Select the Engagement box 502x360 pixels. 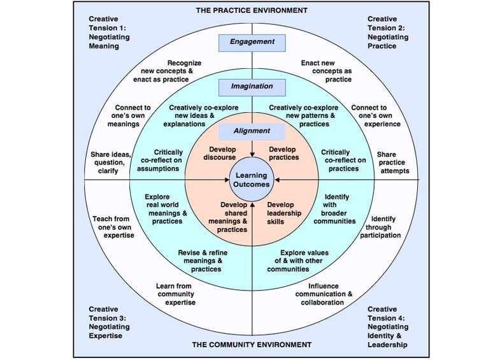coord(252,42)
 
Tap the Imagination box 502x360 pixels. coord(252,86)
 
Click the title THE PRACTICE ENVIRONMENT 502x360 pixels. coord(251,10)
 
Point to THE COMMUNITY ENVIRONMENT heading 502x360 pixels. coord(251,345)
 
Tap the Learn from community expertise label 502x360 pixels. coord(176,294)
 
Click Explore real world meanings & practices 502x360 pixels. coord(164,209)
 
